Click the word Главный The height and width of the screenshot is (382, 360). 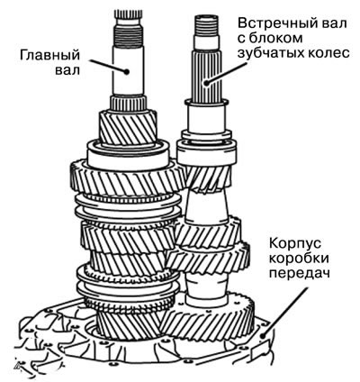50,56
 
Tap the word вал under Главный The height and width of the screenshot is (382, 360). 67,70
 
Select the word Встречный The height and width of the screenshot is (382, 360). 292,23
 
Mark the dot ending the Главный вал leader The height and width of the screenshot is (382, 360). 127,71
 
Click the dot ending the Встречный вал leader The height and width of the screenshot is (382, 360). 206,82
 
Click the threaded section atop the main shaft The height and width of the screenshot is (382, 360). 129,35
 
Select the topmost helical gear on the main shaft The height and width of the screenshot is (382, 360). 127,127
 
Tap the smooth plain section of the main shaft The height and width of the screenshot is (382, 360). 129,71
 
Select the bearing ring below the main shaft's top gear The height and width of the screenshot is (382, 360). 128,156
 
